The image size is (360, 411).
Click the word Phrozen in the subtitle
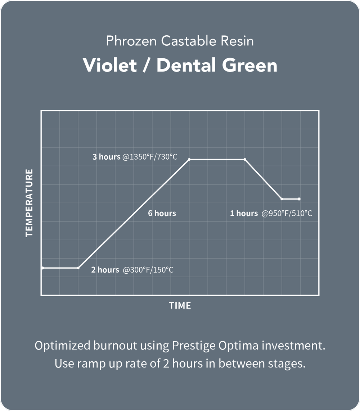131,41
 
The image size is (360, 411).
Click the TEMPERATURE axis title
29,203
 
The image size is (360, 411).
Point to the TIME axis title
180,306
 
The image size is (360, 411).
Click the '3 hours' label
106,157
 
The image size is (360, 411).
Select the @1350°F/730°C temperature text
150,157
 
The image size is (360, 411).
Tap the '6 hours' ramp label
162,213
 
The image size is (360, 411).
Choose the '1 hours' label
244,213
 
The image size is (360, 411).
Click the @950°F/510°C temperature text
287,213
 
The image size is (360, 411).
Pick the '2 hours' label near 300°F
105,270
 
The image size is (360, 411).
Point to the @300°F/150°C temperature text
148,270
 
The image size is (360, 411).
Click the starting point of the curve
42,268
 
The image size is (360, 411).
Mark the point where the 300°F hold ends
78,268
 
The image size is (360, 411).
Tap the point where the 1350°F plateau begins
190,159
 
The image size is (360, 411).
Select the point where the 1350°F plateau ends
245,159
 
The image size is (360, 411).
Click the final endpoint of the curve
299,199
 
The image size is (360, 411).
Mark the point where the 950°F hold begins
282,199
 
